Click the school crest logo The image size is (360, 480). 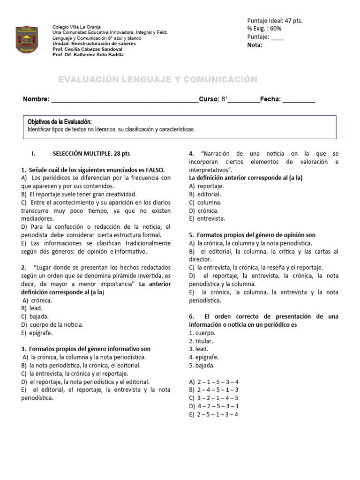(x=28, y=40)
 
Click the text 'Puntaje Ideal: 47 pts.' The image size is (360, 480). (x=275, y=21)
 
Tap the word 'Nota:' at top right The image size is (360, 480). (x=255, y=45)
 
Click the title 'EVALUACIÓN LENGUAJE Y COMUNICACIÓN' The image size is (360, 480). (x=157, y=80)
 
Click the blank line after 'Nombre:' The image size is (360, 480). (x=125, y=99)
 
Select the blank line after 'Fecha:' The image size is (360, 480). (x=299, y=99)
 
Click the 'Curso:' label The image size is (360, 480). (x=209, y=99)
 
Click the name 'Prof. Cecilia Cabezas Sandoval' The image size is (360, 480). (x=87, y=49)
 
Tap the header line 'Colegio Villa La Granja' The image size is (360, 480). (x=77, y=27)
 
